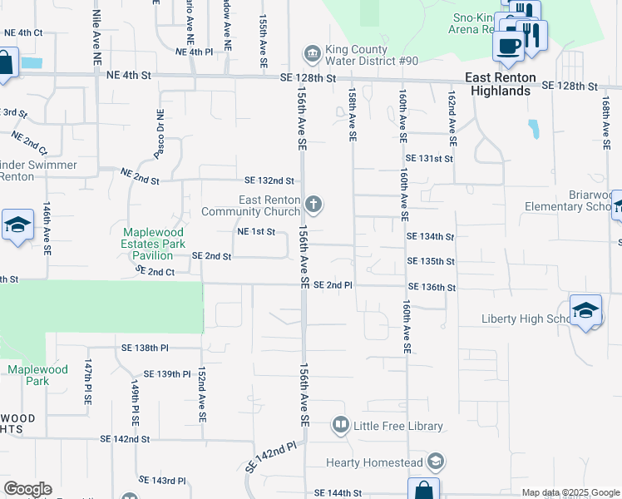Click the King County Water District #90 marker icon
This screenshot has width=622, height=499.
(x=312, y=55)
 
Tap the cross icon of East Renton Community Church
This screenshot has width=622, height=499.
(x=313, y=205)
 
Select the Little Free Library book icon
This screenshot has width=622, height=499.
(x=340, y=426)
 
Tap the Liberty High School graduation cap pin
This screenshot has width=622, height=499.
(x=586, y=311)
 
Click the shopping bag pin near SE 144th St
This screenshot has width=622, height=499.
(x=422, y=489)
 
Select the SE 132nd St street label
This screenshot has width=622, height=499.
(x=269, y=180)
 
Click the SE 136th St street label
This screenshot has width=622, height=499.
(x=432, y=288)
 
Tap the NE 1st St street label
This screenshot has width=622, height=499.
(x=256, y=232)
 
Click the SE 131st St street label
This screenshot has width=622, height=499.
(x=429, y=158)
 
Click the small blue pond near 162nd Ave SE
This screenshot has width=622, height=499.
(x=533, y=129)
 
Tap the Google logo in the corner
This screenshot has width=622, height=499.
(x=27, y=489)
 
